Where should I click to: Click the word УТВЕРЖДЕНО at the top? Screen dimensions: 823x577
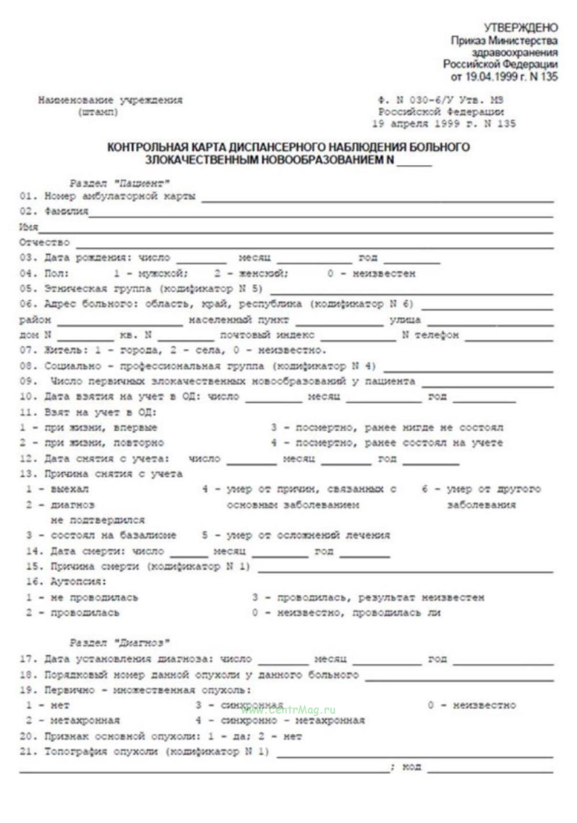(x=520, y=28)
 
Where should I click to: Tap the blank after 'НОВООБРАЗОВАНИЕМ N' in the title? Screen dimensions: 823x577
(x=414, y=161)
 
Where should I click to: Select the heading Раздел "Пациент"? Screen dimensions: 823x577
(x=119, y=183)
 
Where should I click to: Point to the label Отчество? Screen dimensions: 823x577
(x=44, y=243)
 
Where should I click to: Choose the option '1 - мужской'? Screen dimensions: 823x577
(x=151, y=274)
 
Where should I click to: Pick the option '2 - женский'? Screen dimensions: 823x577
(x=251, y=274)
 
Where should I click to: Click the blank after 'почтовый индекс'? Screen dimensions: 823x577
(x=358, y=336)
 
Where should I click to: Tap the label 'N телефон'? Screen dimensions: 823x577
(x=430, y=335)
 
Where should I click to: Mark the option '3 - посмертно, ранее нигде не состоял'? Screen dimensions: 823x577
(x=387, y=428)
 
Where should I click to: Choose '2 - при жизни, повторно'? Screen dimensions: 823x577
(x=92, y=443)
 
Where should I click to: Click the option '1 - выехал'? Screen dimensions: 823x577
(x=57, y=489)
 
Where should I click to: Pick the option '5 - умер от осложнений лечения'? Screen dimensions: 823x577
(x=295, y=535)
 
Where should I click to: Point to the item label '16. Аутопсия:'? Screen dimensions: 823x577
(x=66, y=581)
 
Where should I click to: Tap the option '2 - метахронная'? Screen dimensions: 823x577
(x=73, y=720)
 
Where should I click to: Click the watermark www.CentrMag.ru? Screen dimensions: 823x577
(x=288, y=710)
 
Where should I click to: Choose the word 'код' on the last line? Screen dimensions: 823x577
(x=411, y=766)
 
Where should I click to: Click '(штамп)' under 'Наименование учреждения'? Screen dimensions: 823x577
(x=97, y=112)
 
